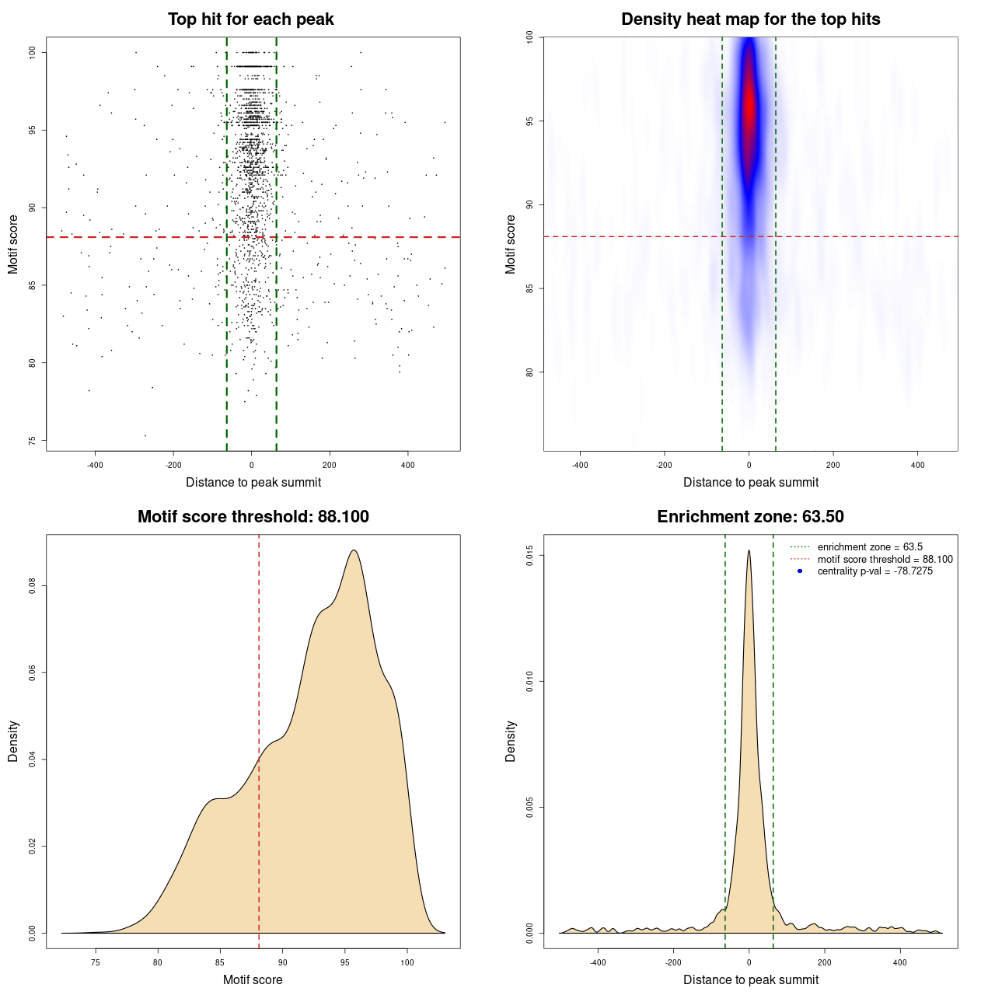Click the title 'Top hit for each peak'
pos(250,19)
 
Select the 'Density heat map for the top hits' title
pos(750,19)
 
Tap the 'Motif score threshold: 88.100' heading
pos(253,517)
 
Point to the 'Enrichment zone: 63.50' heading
pos(750,517)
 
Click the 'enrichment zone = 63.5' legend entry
pos(870,547)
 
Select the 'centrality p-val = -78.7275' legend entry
pos(875,571)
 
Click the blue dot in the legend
pos(800,571)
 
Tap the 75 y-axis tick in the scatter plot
pos(33,441)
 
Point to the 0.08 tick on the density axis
pos(33,585)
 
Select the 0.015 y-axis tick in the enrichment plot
pos(530,556)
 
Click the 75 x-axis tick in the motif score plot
pos(96,962)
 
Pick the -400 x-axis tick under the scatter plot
pos(95,465)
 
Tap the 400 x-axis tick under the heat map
pos(918,465)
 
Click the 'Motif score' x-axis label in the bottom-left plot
pos(253,979)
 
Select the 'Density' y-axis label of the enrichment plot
pos(511,741)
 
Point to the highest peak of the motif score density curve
pos(354,550)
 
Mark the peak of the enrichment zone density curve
pos(749,550)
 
